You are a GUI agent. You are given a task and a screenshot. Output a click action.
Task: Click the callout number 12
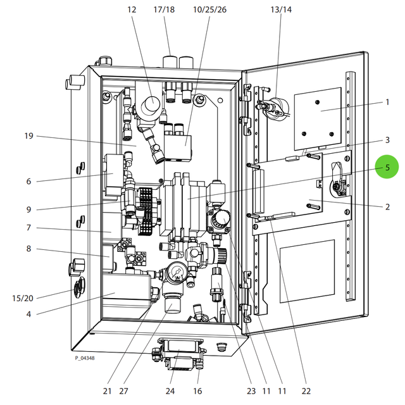[x=132, y=9]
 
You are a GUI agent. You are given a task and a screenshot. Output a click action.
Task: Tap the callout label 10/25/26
[x=209, y=9]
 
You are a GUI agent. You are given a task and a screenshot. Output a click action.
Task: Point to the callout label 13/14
[x=281, y=9]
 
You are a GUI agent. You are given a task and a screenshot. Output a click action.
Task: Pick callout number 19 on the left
[x=28, y=136]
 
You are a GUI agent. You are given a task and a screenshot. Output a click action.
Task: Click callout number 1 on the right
[x=387, y=102]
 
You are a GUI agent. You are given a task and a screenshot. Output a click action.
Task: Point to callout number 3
[x=387, y=140]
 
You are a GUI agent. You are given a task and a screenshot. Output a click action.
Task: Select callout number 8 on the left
[x=28, y=249]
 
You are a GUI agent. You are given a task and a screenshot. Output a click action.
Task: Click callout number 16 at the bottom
[x=197, y=390]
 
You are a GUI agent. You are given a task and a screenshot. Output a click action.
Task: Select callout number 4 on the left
[x=28, y=313]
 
